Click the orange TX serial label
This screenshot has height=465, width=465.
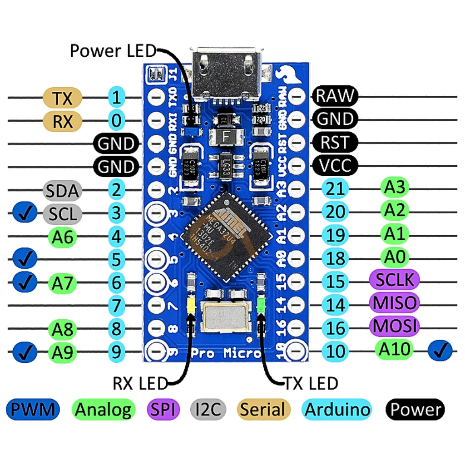(x=63, y=97)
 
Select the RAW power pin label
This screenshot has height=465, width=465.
(x=335, y=95)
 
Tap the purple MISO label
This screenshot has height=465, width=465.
(x=394, y=302)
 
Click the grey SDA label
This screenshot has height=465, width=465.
(x=63, y=191)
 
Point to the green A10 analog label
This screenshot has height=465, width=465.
(x=395, y=349)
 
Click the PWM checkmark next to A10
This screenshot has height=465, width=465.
(x=440, y=351)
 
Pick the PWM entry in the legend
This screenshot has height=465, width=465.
(x=33, y=410)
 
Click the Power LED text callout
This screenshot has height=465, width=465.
(x=113, y=51)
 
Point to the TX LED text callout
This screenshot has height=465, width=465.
(x=311, y=383)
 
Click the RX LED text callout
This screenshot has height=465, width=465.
(x=140, y=384)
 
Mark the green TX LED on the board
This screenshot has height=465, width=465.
(x=261, y=305)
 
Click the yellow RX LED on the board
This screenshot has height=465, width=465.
(x=191, y=305)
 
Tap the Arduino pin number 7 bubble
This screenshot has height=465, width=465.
(x=117, y=305)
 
